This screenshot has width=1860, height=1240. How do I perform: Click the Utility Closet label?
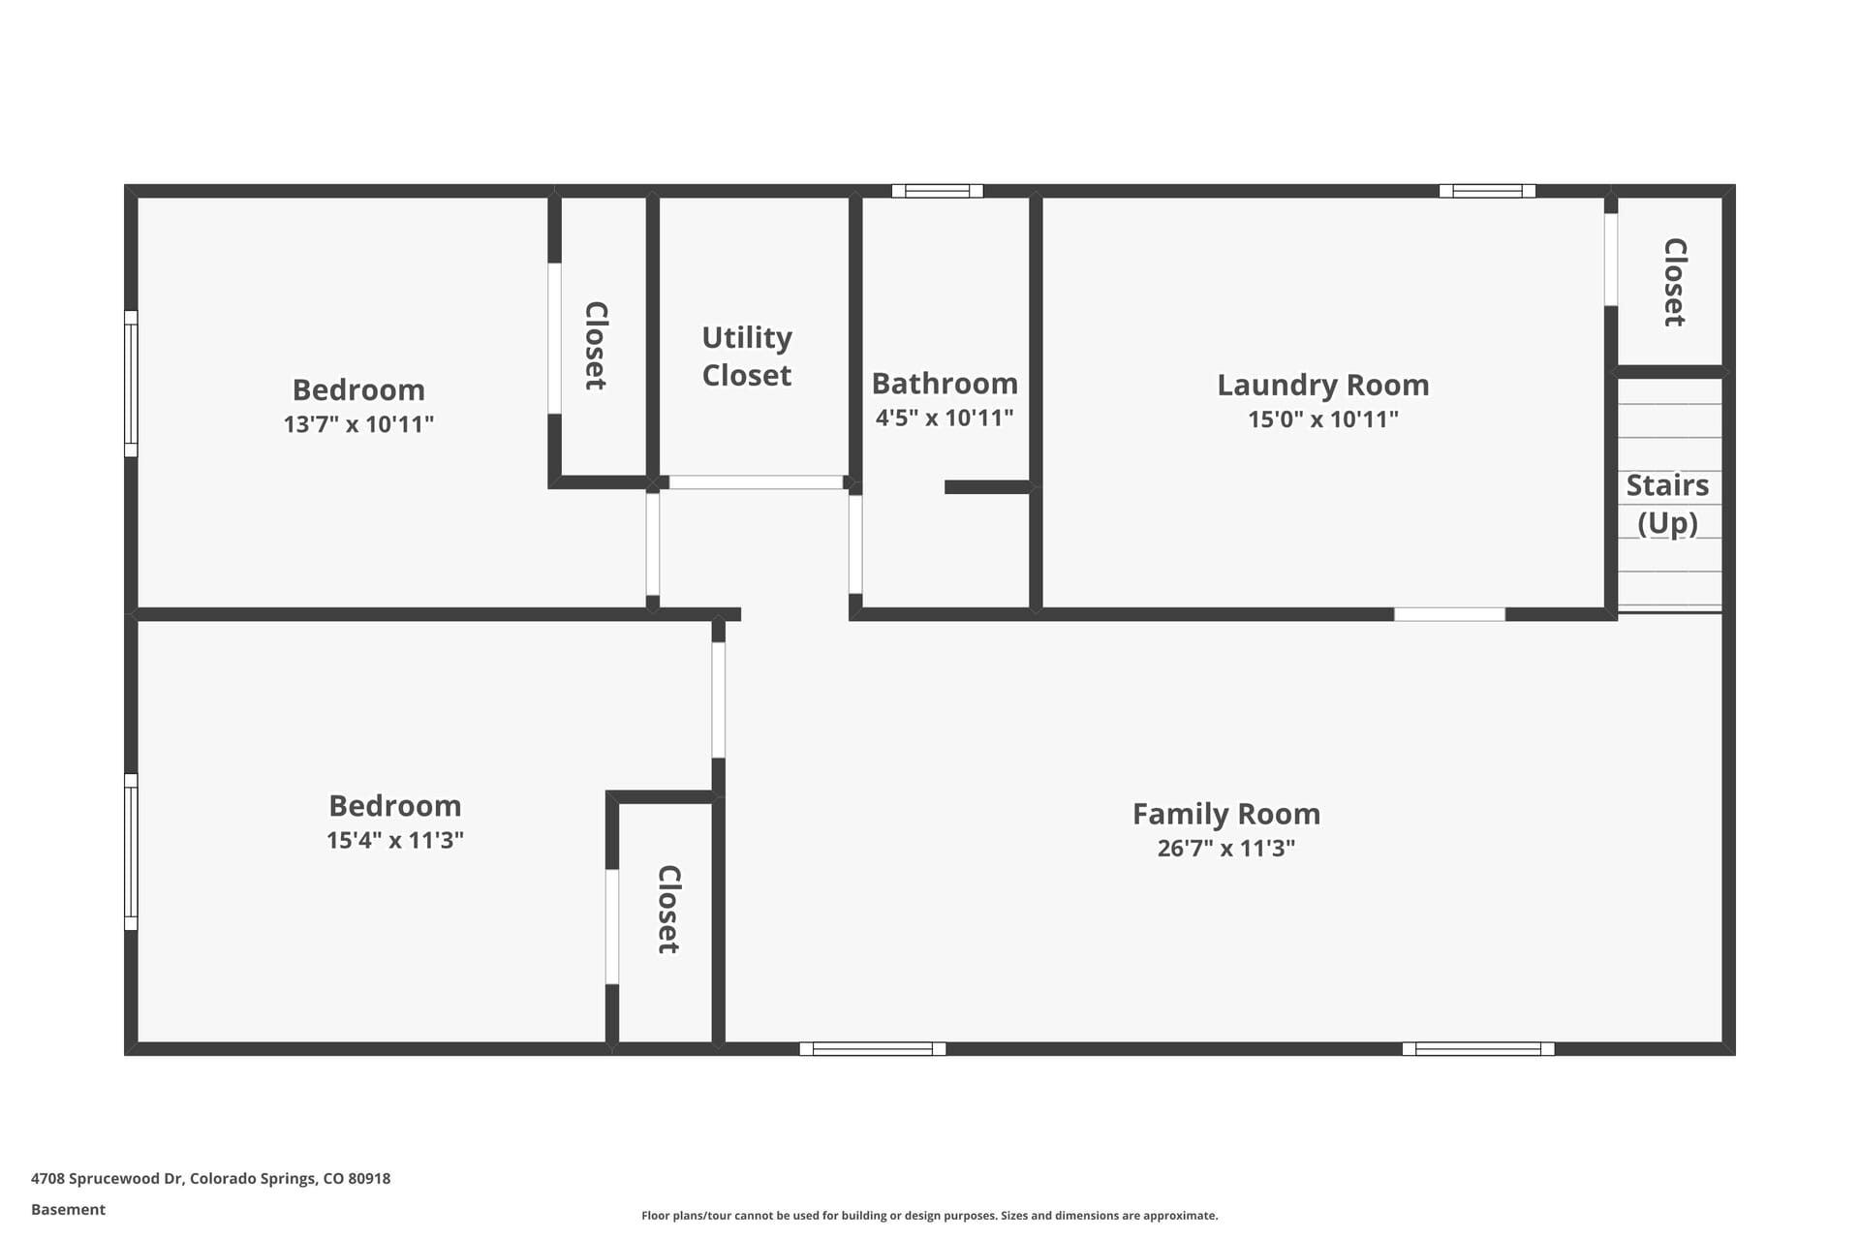[747, 356]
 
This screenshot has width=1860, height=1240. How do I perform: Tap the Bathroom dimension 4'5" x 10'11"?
[945, 418]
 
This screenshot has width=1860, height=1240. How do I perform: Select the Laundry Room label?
[1323, 385]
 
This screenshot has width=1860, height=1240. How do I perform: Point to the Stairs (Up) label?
[1667, 504]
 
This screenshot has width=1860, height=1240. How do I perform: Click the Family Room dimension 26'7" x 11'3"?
[1226, 849]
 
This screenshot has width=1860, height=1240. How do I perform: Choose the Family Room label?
[1226, 814]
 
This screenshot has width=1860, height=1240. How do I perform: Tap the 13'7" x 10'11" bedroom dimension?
[358, 424]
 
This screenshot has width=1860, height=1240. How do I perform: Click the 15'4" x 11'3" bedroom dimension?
[395, 840]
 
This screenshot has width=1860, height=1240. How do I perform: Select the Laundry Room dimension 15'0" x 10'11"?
[1323, 419]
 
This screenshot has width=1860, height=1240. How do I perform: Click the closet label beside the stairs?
[1675, 282]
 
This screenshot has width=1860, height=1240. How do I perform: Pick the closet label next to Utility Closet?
[596, 346]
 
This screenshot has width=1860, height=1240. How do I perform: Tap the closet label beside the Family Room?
[668, 910]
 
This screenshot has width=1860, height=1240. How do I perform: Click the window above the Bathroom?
[938, 191]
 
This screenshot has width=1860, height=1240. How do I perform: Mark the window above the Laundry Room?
[1487, 191]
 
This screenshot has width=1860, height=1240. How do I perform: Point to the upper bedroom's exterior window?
[131, 384]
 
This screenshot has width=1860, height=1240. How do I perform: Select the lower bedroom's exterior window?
[131, 852]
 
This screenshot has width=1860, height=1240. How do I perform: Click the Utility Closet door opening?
[756, 482]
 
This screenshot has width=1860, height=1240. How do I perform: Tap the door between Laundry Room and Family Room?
[1449, 614]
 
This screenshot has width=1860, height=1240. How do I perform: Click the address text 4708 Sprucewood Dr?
[107, 1178]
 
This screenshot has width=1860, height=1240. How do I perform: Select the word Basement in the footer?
[68, 1209]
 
